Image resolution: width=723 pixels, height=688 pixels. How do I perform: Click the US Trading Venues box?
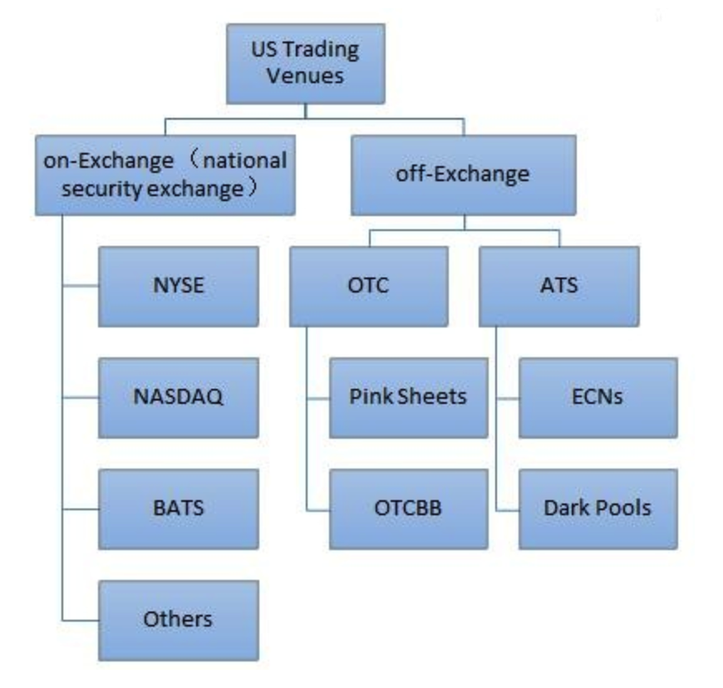coord(305,63)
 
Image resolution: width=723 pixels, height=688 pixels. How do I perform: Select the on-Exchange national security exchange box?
coord(165,174)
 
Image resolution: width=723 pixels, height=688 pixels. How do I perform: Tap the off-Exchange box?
coord(464,175)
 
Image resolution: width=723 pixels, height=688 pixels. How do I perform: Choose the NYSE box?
coord(178,286)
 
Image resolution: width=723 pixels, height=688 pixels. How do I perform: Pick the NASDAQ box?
coord(178,396)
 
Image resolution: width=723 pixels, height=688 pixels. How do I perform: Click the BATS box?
coord(178,508)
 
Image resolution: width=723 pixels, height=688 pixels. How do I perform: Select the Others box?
coord(178,619)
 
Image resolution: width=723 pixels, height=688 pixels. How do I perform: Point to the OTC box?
coord(368,286)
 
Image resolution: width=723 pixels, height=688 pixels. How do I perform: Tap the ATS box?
coord(558,286)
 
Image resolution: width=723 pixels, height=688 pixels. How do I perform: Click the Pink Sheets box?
coord(408,396)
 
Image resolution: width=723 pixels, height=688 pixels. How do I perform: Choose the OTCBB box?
coord(408,508)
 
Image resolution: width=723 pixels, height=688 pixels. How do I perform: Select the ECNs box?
coord(598,396)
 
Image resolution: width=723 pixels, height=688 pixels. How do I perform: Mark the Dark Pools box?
coord(598,508)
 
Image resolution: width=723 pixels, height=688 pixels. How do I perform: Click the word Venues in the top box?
coord(305,77)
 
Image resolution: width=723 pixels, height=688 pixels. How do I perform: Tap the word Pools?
coord(624,508)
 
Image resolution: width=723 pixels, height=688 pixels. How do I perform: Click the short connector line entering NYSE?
coord(81,287)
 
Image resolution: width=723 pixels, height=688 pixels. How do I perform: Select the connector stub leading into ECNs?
coord(507,397)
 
